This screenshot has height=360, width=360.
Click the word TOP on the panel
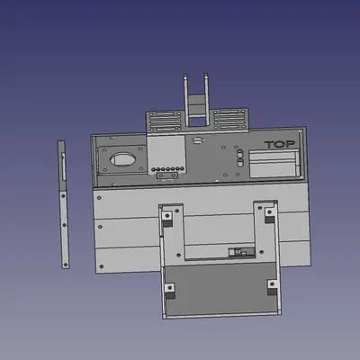[281, 144]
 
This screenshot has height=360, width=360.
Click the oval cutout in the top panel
[122, 161]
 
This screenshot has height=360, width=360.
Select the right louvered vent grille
[229, 119]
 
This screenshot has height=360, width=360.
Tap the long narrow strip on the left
[63, 203]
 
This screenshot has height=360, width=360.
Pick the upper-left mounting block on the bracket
[167, 215]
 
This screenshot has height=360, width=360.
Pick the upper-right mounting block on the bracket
[269, 213]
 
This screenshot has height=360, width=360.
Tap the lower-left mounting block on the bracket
[168, 289]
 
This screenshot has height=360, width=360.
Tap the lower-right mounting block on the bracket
[272, 286]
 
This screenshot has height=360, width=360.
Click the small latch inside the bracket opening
[238, 252]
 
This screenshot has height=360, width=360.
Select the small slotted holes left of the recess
[240, 157]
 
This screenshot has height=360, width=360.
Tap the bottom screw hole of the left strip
[66, 258]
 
